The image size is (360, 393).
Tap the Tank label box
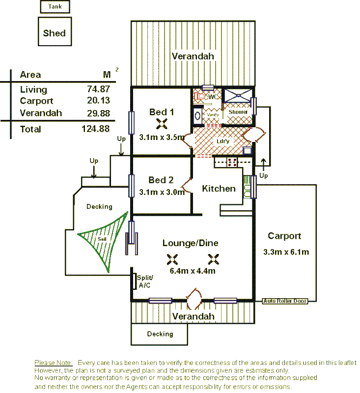[55, 6]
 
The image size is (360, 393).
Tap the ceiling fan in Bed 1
[162, 124]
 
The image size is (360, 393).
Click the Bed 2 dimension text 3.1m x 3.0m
[162, 192]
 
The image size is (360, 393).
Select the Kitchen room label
[219, 189]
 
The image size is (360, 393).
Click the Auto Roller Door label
[285, 301]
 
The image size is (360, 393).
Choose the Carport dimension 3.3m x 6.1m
[286, 253]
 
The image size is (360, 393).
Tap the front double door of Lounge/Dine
[193, 298]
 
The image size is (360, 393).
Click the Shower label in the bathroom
[238, 112]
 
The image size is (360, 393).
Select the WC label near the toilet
[213, 97]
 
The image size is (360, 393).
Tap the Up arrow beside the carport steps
[264, 165]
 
